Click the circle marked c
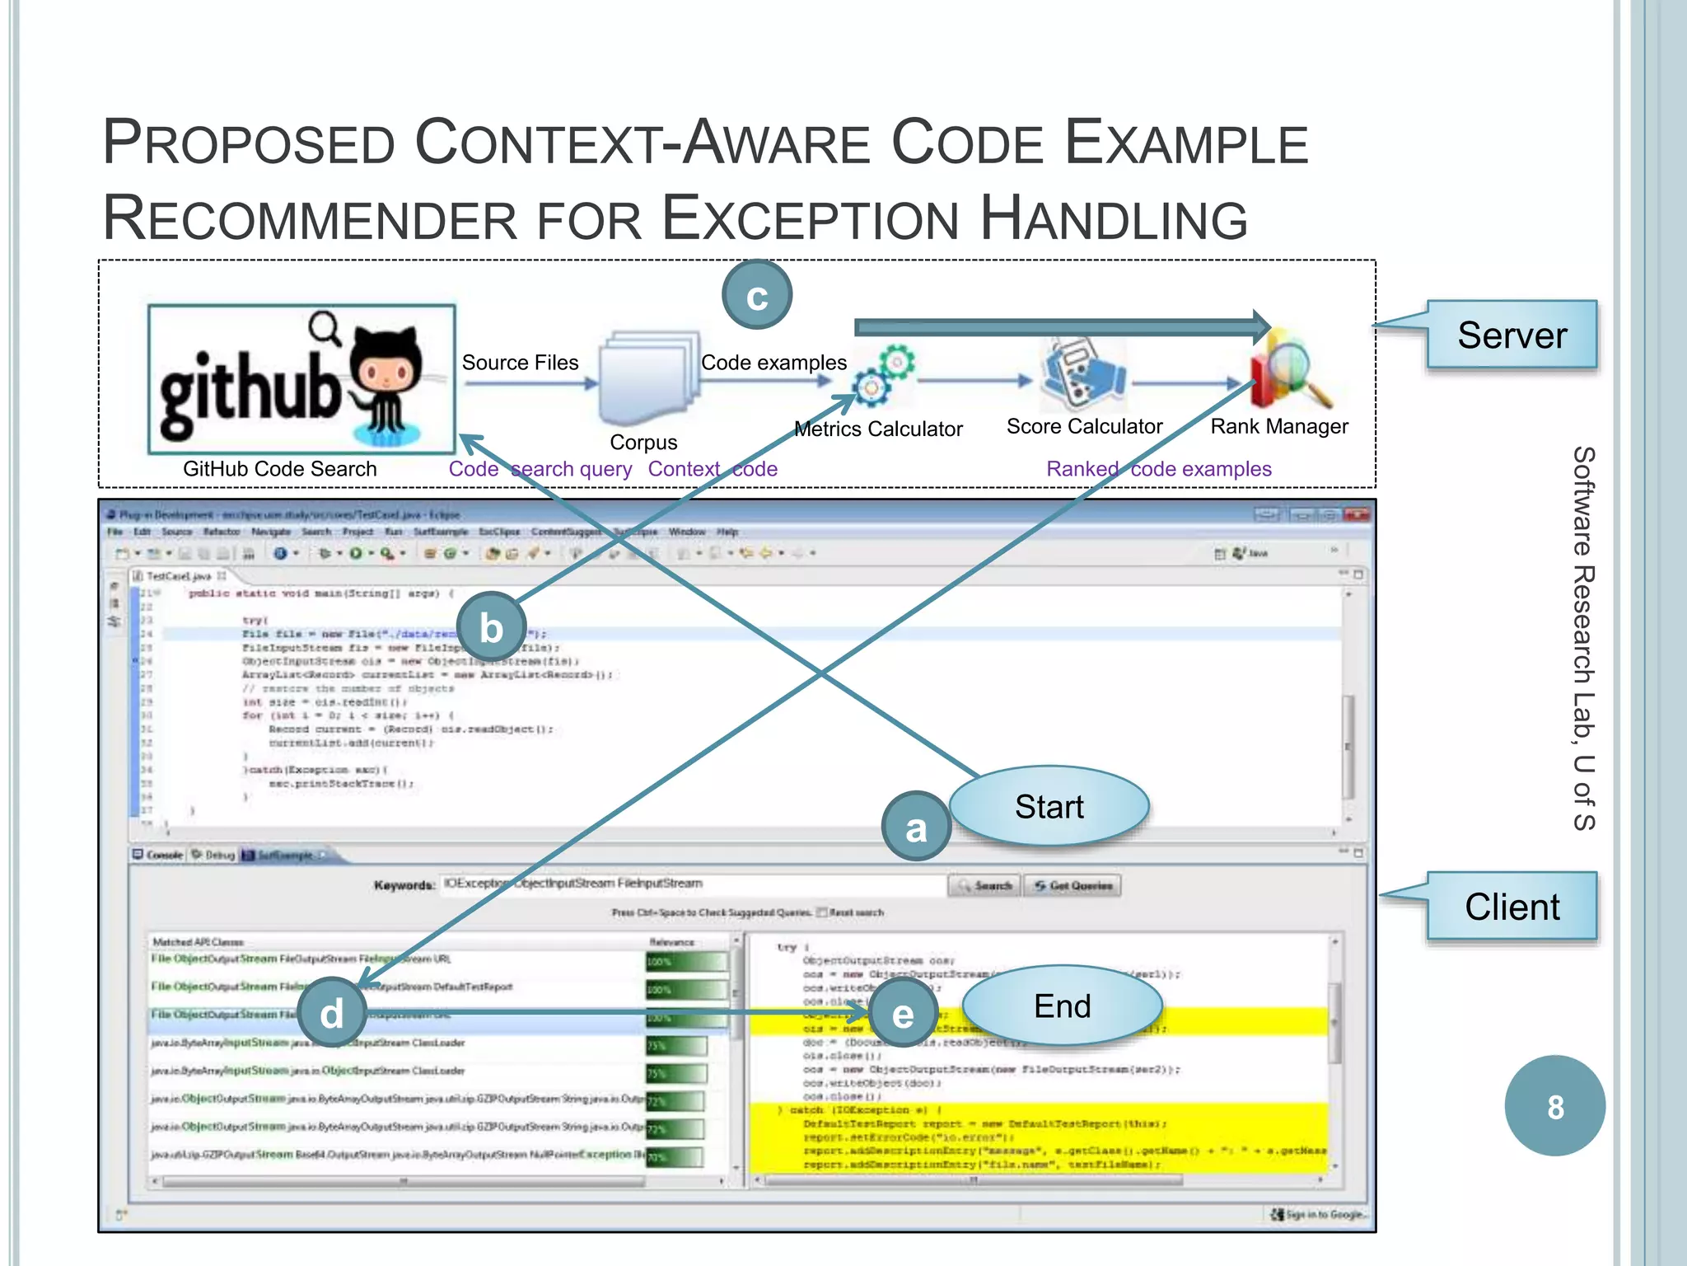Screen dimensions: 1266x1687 coord(757,295)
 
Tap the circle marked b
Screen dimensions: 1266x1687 coord(492,627)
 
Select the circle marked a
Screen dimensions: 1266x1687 coord(916,827)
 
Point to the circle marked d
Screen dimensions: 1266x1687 coord(331,1013)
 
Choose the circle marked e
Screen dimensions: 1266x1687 coord(903,1013)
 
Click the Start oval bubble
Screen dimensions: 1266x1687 coord(1049,806)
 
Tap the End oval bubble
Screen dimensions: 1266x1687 coord(1062,1006)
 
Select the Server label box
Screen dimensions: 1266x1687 coord(1511,335)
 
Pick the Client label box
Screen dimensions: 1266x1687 coord(1511,906)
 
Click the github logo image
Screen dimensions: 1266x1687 coord(301,379)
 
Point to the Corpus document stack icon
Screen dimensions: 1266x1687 coord(647,377)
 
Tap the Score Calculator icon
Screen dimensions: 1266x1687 coord(1082,375)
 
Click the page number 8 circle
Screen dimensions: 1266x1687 coord(1554,1106)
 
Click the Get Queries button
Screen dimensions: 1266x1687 coord(1072,885)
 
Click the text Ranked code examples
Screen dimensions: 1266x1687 coord(1158,469)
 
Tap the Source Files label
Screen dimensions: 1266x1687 coord(520,363)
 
